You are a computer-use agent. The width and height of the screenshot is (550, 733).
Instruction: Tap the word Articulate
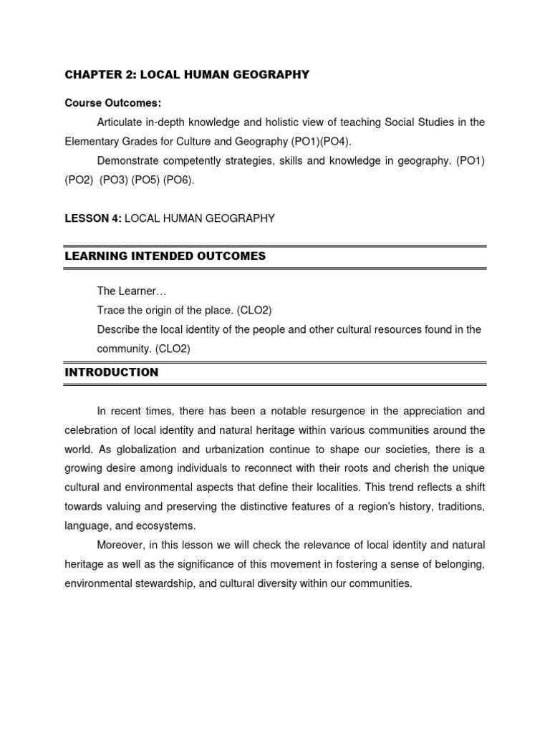click(x=120, y=122)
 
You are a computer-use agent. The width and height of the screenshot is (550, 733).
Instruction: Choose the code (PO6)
click(x=178, y=180)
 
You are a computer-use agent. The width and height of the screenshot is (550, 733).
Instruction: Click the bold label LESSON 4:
click(x=93, y=218)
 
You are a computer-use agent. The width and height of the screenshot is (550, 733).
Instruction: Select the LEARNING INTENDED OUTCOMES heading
click(x=165, y=256)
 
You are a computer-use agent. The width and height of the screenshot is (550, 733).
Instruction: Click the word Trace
click(x=111, y=310)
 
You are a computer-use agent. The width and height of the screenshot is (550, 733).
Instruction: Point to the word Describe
click(x=118, y=329)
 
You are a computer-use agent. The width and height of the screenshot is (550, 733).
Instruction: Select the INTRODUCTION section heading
click(x=112, y=372)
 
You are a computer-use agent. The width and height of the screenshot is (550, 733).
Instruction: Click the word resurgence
click(x=349, y=411)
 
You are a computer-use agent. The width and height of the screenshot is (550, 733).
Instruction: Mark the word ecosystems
click(x=164, y=526)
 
